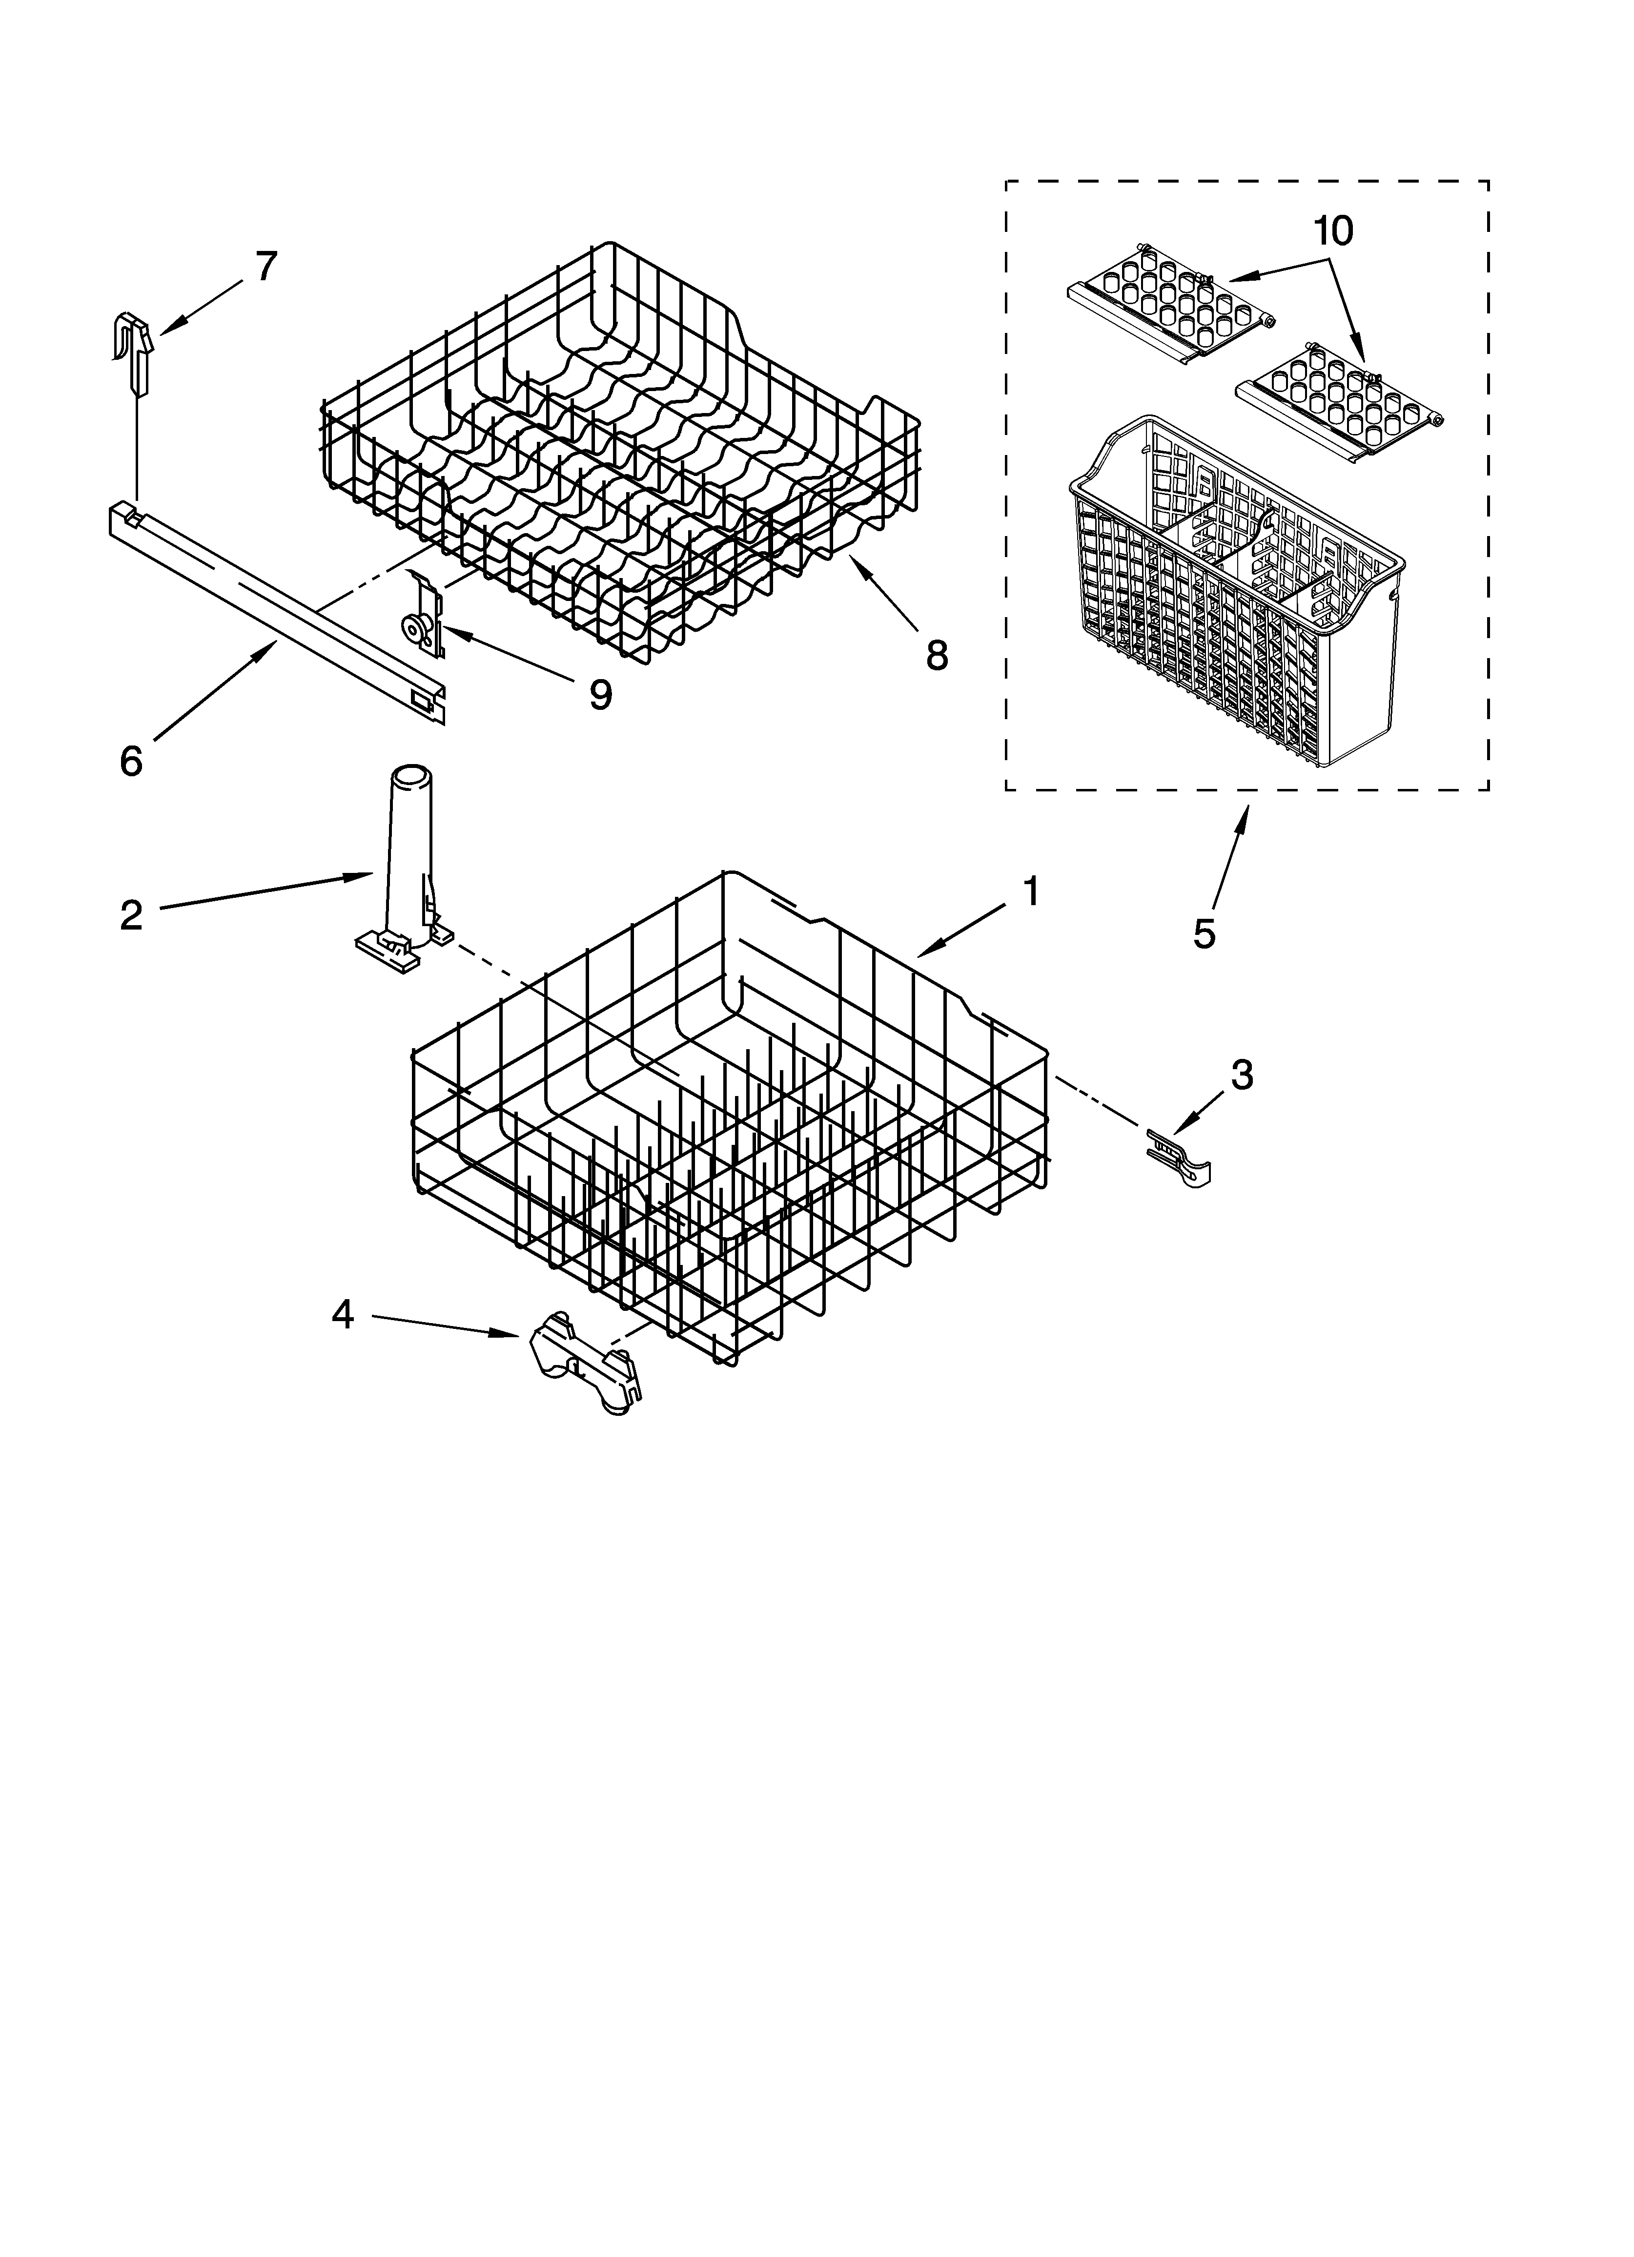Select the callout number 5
tap(1204, 933)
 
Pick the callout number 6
tap(131, 761)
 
